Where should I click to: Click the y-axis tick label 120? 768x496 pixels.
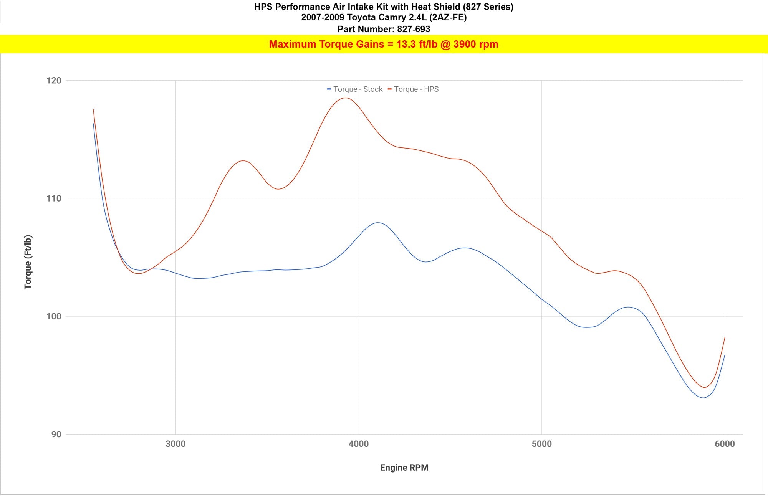[x=54, y=81]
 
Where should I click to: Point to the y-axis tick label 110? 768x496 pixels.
[x=54, y=198]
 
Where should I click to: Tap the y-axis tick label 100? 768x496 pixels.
[x=54, y=316]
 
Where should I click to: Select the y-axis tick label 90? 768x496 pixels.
[x=56, y=434]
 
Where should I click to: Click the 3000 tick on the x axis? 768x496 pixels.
[x=175, y=444]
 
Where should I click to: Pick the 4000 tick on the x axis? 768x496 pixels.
[x=359, y=444]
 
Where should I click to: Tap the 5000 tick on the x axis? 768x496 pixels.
[x=541, y=444]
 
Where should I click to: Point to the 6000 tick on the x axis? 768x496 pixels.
[x=725, y=444]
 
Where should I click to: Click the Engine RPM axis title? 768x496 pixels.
[x=404, y=468]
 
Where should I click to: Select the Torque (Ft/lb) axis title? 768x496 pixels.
[x=28, y=262]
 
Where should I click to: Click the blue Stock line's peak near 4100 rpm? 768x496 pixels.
[x=378, y=223]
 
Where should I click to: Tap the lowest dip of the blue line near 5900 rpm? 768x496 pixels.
[x=703, y=398]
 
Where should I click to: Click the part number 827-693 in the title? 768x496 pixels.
[x=414, y=29]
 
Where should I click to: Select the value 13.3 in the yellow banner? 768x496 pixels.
[x=406, y=44]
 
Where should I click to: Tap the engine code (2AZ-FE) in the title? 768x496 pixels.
[x=448, y=17]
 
